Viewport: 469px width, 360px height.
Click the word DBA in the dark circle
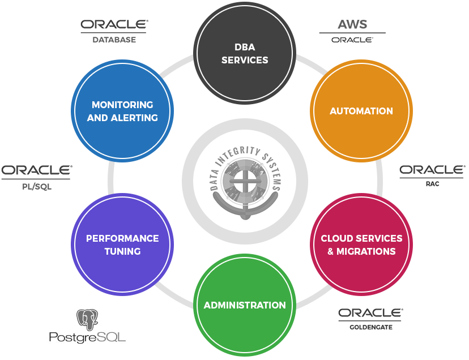point(245,48)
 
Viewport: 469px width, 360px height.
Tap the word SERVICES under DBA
point(245,60)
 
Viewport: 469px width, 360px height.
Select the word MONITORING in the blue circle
point(122,105)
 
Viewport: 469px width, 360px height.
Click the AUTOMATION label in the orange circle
point(361,111)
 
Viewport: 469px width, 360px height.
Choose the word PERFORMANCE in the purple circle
point(122,238)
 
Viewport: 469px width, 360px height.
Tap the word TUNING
point(122,251)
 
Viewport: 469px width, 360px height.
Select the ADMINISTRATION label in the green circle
point(245,305)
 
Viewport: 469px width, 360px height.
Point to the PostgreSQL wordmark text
point(87,338)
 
